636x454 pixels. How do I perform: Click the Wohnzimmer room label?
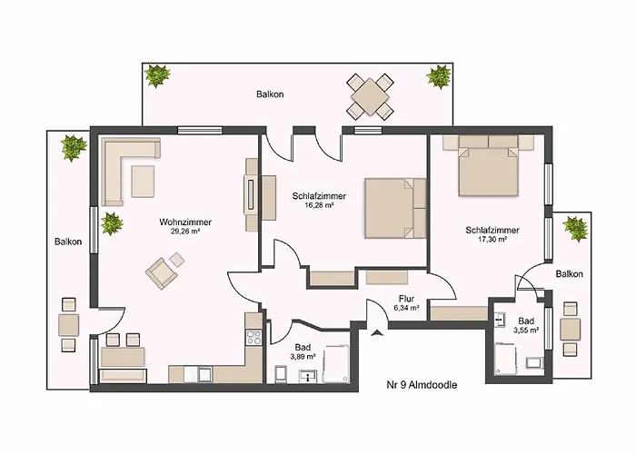[185, 222]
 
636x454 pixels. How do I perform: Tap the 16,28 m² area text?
[319, 205]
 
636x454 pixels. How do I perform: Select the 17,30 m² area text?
[492, 239]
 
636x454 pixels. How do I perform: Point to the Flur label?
[406, 299]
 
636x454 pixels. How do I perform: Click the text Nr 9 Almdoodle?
[422, 384]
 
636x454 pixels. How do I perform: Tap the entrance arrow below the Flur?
[377, 333]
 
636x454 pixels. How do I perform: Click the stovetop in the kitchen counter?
[254, 337]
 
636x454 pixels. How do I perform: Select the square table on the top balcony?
[370, 97]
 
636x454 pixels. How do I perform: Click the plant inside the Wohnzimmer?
[112, 223]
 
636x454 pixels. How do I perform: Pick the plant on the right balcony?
[575, 228]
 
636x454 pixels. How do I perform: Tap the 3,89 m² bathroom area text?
[303, 357]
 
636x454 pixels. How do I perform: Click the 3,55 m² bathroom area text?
[526, 331]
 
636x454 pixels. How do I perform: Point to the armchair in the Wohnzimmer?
[162, 272]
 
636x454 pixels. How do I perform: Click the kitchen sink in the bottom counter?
[204, 374]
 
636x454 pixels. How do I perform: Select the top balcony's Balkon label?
[270, 94]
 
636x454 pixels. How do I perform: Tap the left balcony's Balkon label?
[68, 242]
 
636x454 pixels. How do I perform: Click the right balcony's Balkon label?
[569, 274]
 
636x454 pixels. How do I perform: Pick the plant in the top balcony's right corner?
[439, 75]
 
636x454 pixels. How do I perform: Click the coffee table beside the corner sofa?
[143, 182]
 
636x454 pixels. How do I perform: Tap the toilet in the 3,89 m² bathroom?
[281, 374]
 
